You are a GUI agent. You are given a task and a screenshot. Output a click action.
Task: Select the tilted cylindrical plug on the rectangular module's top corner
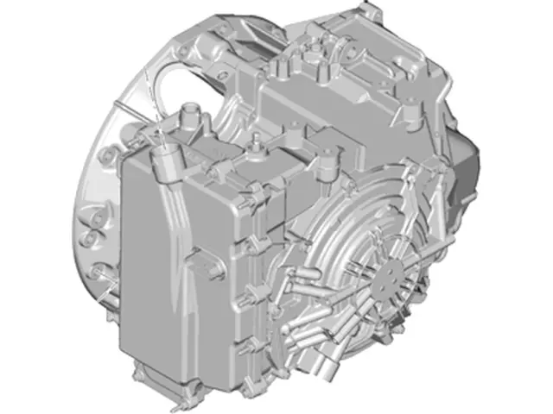163,160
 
